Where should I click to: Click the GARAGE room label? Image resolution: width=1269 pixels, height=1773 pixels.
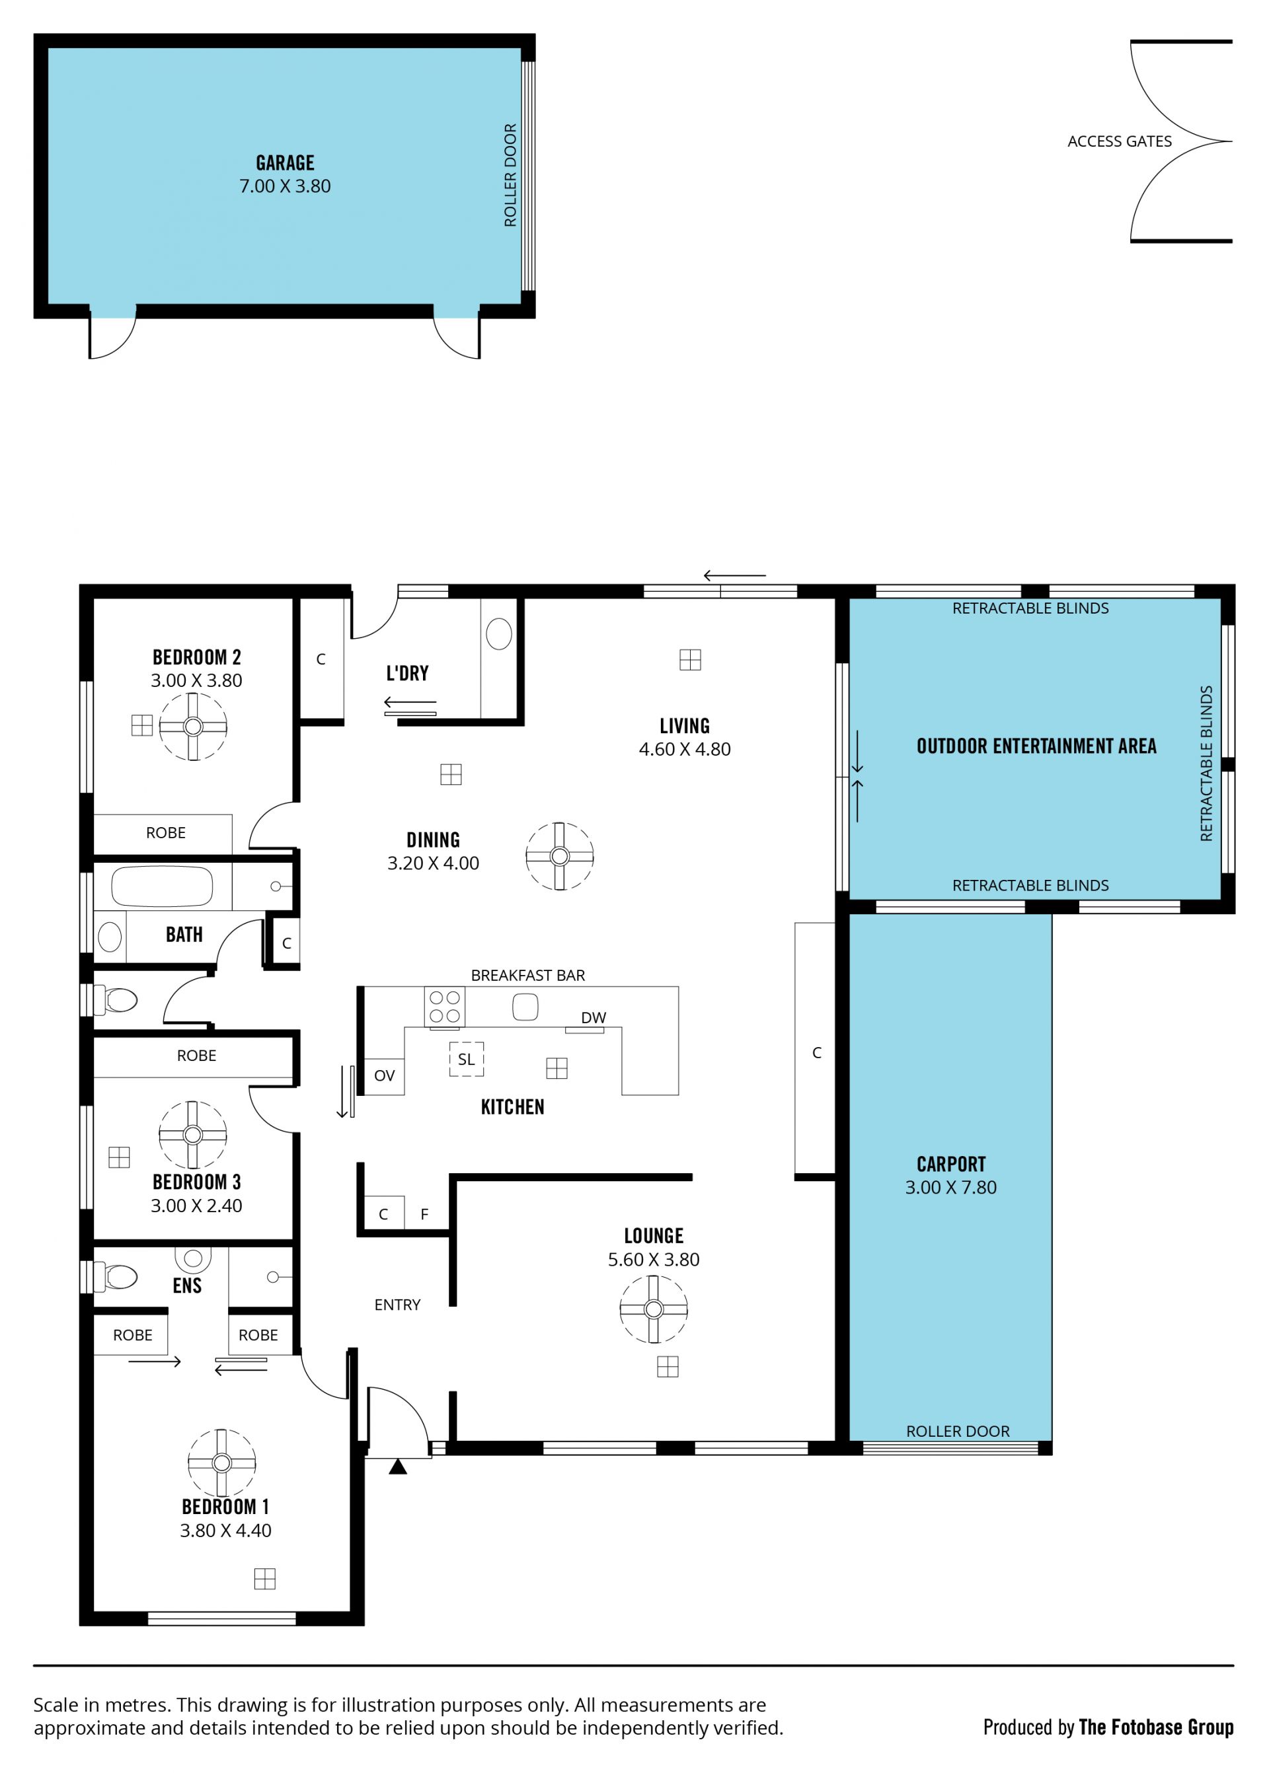click(286, 163)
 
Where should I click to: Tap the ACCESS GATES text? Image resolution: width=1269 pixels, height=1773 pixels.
click(1119, 141)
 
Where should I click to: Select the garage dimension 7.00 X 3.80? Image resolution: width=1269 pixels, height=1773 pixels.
click(286, 186)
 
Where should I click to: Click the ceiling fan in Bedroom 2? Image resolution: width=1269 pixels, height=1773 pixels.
click(193, 727)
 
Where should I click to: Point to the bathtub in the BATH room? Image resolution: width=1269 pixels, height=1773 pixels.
click(162, 887)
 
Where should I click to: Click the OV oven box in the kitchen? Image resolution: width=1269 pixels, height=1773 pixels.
click(385, 1075)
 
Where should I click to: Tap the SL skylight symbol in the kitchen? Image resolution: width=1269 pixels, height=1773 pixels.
click(467, 1059)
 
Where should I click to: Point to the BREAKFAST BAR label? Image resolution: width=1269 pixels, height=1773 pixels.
click(527, 976)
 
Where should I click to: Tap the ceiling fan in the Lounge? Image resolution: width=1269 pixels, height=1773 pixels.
click(654, 1309)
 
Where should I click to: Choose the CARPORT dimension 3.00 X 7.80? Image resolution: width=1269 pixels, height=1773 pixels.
click(951, 1187)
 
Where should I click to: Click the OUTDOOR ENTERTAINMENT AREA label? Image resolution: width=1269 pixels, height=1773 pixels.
click(1036, 746)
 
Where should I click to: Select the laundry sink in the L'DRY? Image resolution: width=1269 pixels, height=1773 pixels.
click(499, 633)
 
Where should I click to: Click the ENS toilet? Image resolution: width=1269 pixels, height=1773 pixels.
click(116, 1277)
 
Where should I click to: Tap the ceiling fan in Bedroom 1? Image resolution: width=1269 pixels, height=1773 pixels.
click(222, 1463)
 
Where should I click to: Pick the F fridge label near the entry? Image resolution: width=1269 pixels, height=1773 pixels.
click(424, 1215)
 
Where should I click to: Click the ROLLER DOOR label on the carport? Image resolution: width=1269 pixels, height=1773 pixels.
click(958, 1431)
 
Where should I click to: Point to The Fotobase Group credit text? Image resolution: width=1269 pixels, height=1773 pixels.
click(1156, 1727)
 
